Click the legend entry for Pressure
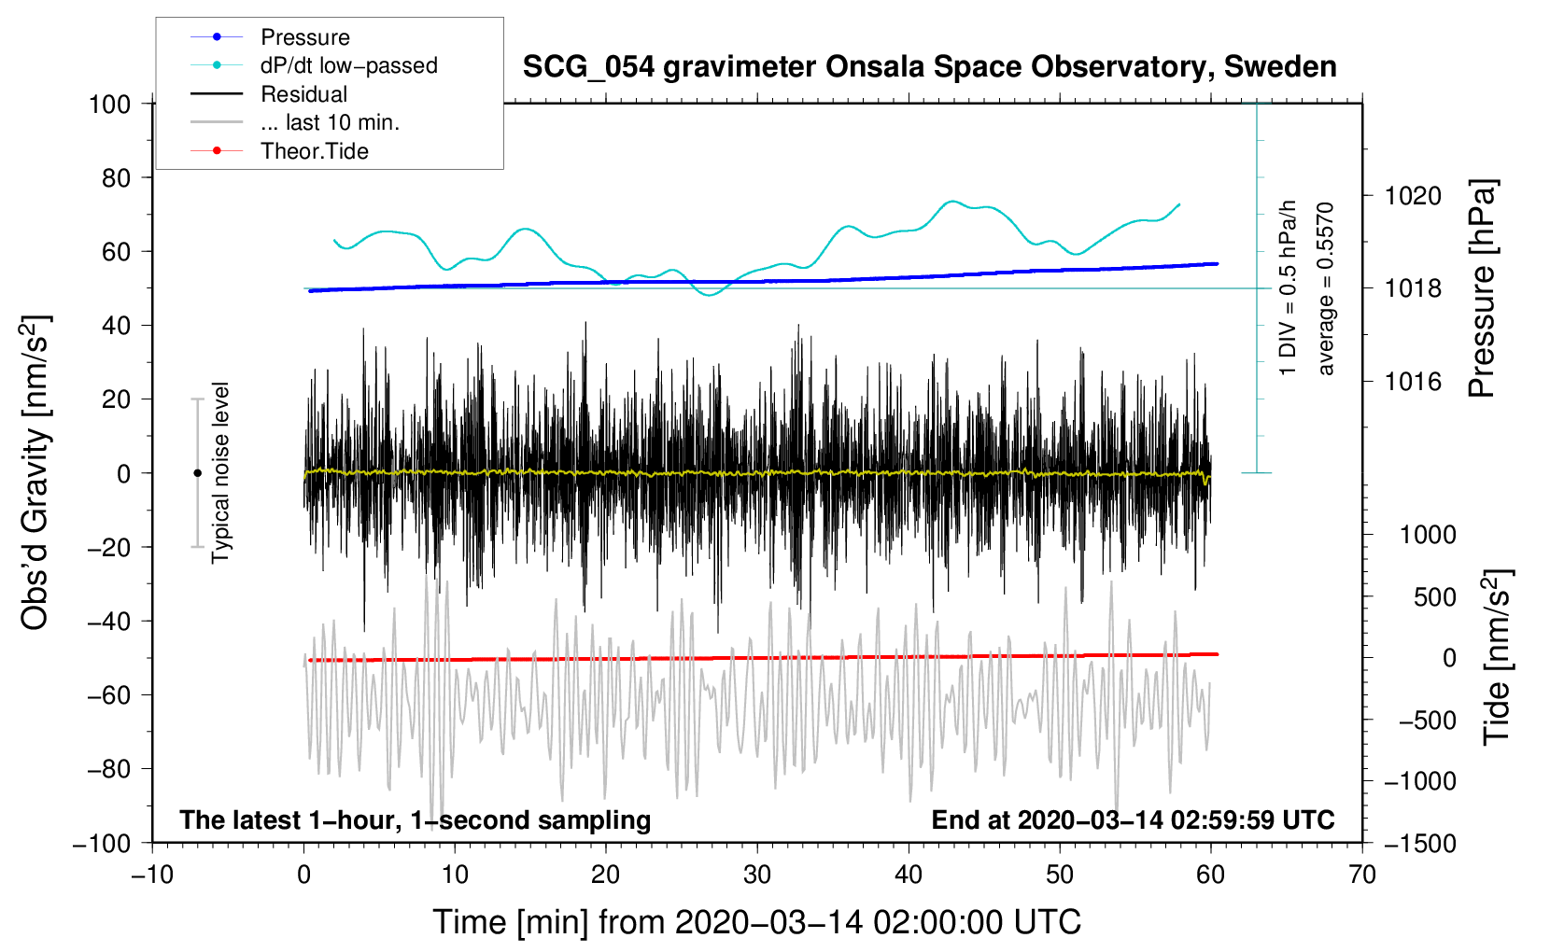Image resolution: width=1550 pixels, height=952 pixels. pyautogui.click(x=304, y=37)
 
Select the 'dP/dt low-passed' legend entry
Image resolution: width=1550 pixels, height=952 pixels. pyautogui.click(x=348, y=65)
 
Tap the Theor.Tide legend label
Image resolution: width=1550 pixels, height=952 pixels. pyautogui.click(x=314, y=151)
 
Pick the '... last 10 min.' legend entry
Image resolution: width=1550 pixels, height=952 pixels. pyautogui.click(x=330, y=122)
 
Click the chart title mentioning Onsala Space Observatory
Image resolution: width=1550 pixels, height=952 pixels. pyautogui.click(x=929, y=67)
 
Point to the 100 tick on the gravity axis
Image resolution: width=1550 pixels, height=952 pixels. pyautogui.click(x=109, y=104)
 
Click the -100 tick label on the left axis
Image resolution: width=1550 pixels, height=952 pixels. pyautogui.click(x=103, y=843)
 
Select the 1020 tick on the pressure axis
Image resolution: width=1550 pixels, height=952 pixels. pyautogui.click(x=1413, y=196)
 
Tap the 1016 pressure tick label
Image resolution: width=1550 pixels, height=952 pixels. pyautogui.click(x=1413, y=381)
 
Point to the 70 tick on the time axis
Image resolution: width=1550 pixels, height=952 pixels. pyautogui.click(x=1362, y=875)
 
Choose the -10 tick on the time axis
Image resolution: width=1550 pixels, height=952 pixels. pyautogui.click(x=152, y=875)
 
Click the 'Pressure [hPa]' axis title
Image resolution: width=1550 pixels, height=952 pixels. pyautogui.click(x=1482, y=289)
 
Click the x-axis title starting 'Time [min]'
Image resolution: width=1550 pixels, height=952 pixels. pyautogui.click(x=756, y=922)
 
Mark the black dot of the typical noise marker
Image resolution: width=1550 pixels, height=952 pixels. pyautogui.click(x=197, y=473)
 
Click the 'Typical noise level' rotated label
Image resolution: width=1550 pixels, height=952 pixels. pyautogui.click(x=220, y=472)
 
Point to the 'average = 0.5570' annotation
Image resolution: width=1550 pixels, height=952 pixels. pyautogui.click(x=1326, y=288)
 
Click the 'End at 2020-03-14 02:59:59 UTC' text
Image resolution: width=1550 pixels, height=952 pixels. pyautogui.click(x=1133, y=819)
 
